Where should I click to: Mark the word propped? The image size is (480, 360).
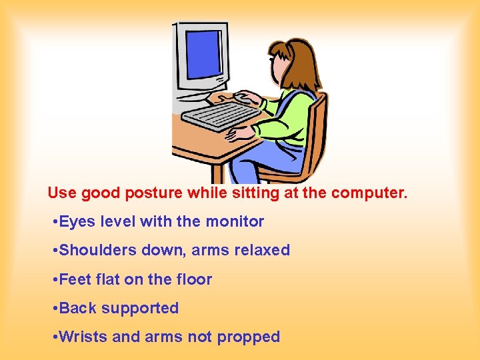pyautogui.click(x=248, y=338)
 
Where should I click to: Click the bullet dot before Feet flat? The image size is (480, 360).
pyautogui.click(x=53, y=280)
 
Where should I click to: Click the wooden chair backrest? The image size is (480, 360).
pyautogui.click(x=319, y=133)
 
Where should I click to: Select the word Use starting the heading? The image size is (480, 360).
pyautogui.click(x=62, y=193)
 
